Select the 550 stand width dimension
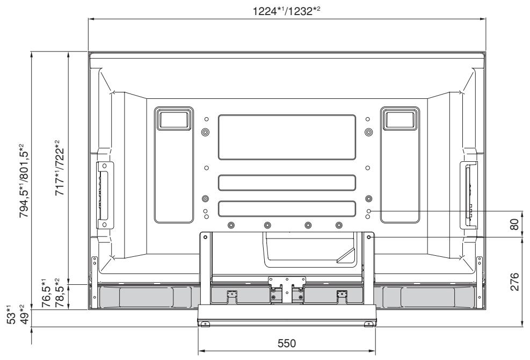[286, 343]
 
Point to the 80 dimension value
[514, 224]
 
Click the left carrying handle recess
[173, 118]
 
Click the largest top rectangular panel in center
[287, 137]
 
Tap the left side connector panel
[103, 194]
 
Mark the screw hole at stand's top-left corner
[205, 236]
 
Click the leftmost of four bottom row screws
[231, 225]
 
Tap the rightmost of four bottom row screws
[338, 225]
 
